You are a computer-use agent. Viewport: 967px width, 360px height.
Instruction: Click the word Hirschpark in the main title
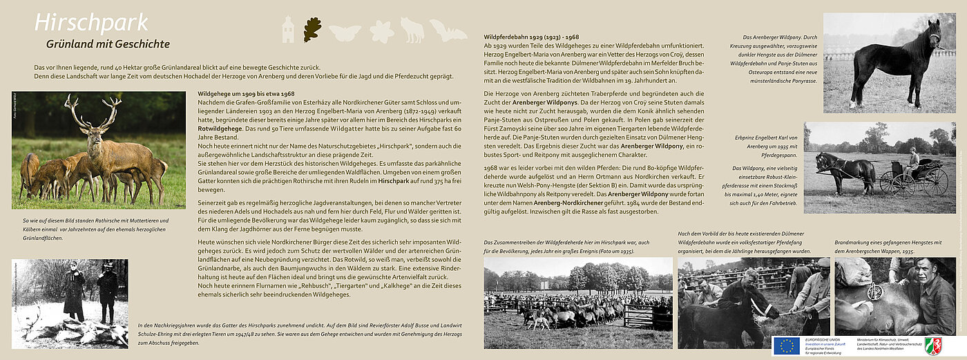[90, 23]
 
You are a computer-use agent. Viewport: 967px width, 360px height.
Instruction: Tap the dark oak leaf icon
[312, 30]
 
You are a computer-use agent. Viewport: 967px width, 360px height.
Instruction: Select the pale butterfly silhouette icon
[345, 32]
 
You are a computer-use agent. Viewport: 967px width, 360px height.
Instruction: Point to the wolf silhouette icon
[412, 31]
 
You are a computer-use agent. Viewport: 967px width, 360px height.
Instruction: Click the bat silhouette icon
[448, 30]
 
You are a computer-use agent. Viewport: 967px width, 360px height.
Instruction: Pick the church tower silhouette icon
[288, 30]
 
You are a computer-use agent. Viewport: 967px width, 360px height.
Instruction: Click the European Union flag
[786, 345]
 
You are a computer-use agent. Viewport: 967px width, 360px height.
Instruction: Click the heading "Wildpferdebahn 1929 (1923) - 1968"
[531, 36]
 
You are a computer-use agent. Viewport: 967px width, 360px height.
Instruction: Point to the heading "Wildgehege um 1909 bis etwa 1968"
[246, 93]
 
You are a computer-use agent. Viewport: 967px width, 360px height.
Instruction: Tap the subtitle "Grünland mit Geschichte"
[108, 44]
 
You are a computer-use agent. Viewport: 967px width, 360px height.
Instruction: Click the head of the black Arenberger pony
[934, 33]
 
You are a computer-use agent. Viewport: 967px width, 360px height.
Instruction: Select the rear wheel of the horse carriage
[935, 182]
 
